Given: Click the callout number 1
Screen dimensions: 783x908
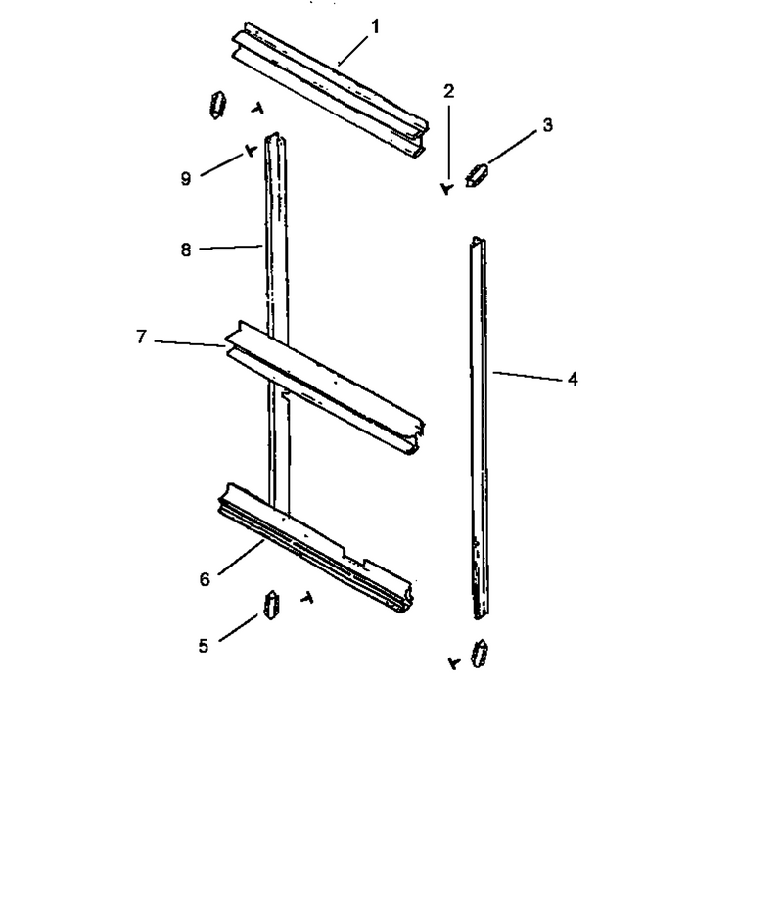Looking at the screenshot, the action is click(375, 26).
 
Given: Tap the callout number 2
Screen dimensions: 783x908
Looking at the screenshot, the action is click(449, 91).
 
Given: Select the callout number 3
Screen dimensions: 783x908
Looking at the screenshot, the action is click(547, 124).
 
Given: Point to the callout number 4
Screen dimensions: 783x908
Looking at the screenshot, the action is click(573, 380).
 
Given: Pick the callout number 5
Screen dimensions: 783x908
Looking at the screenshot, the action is click(204, 646).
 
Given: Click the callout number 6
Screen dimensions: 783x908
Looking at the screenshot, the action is click(205, 579).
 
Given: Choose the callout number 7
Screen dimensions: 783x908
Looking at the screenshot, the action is click(141, 337).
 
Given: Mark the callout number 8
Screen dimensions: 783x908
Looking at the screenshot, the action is click(185, 250).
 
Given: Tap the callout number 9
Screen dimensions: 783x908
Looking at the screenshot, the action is click(185, 178).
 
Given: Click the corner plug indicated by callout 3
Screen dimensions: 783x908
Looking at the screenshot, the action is click(477, 175).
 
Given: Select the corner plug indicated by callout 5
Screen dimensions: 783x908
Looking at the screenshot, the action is click(271, 606).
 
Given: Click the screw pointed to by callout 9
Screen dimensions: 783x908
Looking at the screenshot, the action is click(251, 151).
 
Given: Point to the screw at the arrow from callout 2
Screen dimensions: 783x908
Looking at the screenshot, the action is click(446, 188).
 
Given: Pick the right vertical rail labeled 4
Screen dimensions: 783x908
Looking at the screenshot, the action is click(479, 429).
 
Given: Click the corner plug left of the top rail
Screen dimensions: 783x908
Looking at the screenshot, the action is click(217, 105).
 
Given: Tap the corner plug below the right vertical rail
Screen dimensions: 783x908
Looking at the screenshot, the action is click(481, 654).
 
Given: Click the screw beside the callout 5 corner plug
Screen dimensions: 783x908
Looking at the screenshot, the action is click(307, 598).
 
